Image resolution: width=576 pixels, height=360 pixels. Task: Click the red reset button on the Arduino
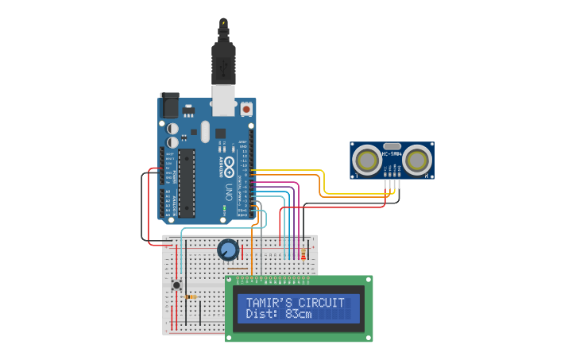pyautogui.click(x=246, y=109)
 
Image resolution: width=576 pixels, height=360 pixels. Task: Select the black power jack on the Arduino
pyautogui.click(x=169, y=106)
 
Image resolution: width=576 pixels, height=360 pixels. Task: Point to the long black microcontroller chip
pyautogui.click(x=186, y=183)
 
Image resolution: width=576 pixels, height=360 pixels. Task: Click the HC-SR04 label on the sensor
pyautogui.click(x=392, y=154)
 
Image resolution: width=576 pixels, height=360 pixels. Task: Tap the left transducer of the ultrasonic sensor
pyautogui.click(x=368, y=161)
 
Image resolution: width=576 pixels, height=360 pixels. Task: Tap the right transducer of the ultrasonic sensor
pyautogui.click(x=417, y=161)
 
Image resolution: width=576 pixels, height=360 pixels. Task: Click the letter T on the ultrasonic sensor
pyautogui.click(x=356, y=176)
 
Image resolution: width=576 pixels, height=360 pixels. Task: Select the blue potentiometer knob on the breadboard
pyautogui.click(x=228, y=250)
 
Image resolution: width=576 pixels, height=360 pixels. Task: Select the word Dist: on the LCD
pyautogui.click(x=261, y=315)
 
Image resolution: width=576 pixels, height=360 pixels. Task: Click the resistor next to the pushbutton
pyautogui.click(x=190, y=297)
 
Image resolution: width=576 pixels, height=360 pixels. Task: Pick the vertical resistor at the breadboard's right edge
pyautogui.click(x=303, y=254)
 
